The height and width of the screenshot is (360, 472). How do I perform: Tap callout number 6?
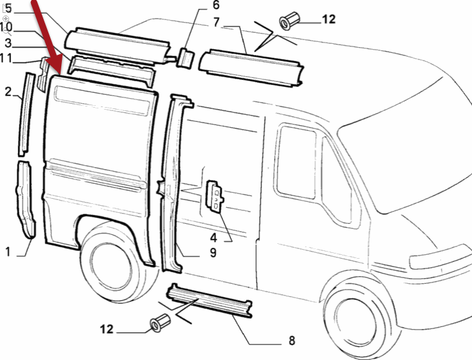[x=198, y=6]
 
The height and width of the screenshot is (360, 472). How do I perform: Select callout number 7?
[x=217, y=23]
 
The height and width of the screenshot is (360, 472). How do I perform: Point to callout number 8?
[x=291, y=340]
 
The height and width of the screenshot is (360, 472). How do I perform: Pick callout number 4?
[x=230, y=236]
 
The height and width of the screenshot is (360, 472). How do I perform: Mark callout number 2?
[x=8, y=92]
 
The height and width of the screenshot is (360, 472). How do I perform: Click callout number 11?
[x=6, y=59]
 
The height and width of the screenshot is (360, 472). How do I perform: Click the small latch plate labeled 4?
[x=215, y=195]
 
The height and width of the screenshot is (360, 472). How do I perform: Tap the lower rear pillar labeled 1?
[x=26, y=200]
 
